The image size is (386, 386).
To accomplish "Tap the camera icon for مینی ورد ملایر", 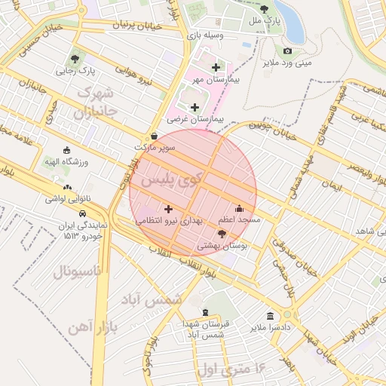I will (287, 51).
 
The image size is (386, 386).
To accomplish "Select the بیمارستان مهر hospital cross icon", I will (216, 68).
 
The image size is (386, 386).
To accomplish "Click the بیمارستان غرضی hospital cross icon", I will (195, 108).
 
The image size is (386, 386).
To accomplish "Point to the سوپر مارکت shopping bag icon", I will (155, 136).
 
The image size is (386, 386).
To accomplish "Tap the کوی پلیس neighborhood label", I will (159, 180).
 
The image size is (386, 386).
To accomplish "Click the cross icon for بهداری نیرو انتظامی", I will (167, 208).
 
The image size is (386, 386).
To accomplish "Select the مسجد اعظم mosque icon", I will (240, 208).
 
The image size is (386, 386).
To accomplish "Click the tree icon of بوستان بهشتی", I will (221, 234).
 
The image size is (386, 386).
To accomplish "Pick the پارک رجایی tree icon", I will (75, 58).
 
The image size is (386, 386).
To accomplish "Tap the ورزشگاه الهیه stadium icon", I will (67, 150).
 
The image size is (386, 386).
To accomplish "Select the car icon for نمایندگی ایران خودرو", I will (81, 213).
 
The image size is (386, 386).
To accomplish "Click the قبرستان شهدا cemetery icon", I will (205, 311).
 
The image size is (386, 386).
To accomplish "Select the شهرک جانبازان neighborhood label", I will (95, 104).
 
